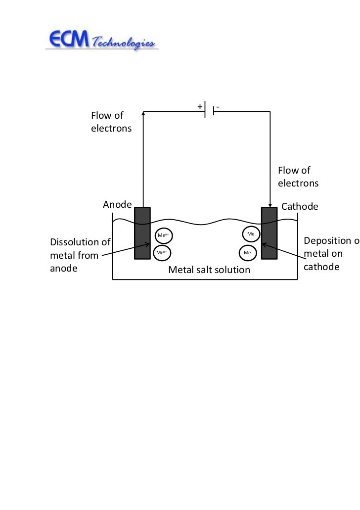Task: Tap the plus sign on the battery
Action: [200, 107]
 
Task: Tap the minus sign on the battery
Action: [218, 107]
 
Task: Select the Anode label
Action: [117, 204]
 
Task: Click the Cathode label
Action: [300, 206]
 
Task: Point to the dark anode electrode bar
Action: [142, 232]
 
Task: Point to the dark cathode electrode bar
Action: [269, 232]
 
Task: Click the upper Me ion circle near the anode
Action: [163, 236]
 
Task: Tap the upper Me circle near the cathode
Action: [251, 233]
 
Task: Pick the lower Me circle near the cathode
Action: [248, 253]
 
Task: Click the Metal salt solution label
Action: [209, 270]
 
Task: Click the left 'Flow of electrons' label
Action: [111, 122]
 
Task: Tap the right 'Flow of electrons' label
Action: [298, 177]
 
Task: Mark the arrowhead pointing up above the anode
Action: [143, 113]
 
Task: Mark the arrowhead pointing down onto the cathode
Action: [270, 204]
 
